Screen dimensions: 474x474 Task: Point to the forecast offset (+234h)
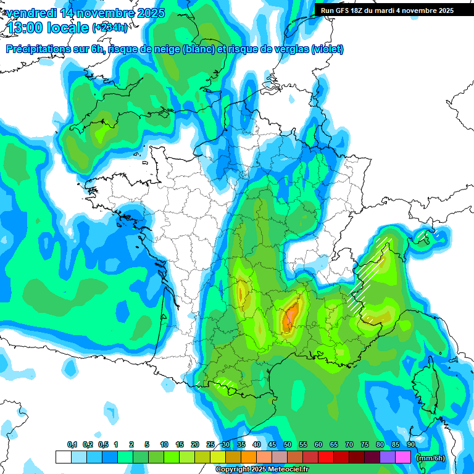(110, 28)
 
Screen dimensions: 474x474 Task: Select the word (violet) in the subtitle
(328, 49)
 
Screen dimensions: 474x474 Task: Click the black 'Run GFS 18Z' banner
(387, 10)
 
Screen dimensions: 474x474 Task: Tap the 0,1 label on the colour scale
(72, 444)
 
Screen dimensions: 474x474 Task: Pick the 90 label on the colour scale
(411, 444)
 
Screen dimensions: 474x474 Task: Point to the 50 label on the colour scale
(288, 444)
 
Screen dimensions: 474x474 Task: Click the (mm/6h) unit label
(430, 458)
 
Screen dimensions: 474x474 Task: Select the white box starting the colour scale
(63, 457)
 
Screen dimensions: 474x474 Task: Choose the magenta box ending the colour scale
(403, 457)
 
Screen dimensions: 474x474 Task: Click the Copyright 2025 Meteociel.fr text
(262, 470)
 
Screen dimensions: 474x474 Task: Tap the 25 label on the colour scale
(210, 444)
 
